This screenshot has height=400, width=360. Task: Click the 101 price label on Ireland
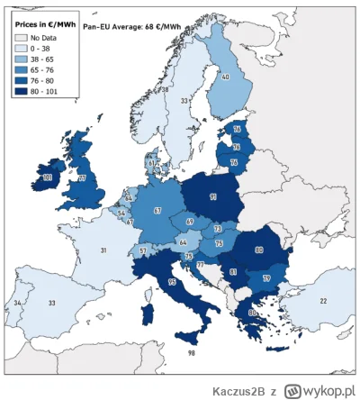[x=47, y=178]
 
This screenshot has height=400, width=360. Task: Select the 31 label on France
[x=104, y=250]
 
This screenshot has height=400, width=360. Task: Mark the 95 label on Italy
[x=171, y=282]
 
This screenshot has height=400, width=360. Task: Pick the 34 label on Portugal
[x=18, y=304]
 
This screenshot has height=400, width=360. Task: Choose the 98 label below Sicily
[x=191, y=354]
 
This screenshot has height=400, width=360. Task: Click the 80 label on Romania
[x=258, y=251]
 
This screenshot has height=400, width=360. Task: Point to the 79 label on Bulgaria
[x=265, y=278]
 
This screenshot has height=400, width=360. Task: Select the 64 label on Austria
[x=184, y=241]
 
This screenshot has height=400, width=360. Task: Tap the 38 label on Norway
[x=164, y=90]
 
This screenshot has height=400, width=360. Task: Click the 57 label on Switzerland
[x=142, y=250]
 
